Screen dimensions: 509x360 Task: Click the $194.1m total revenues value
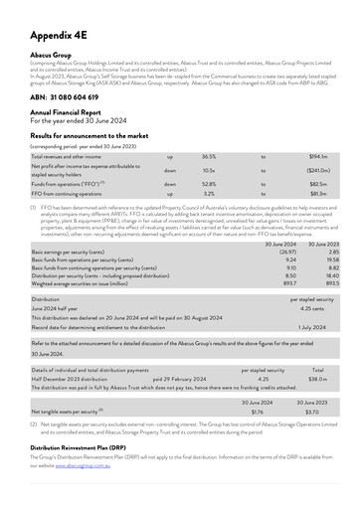(x=318, y=157)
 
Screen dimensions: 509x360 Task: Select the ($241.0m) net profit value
(x=315, y=170)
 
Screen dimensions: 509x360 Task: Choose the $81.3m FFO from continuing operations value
(x=318, y=194)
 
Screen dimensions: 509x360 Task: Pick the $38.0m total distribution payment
(x=317, y=378)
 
